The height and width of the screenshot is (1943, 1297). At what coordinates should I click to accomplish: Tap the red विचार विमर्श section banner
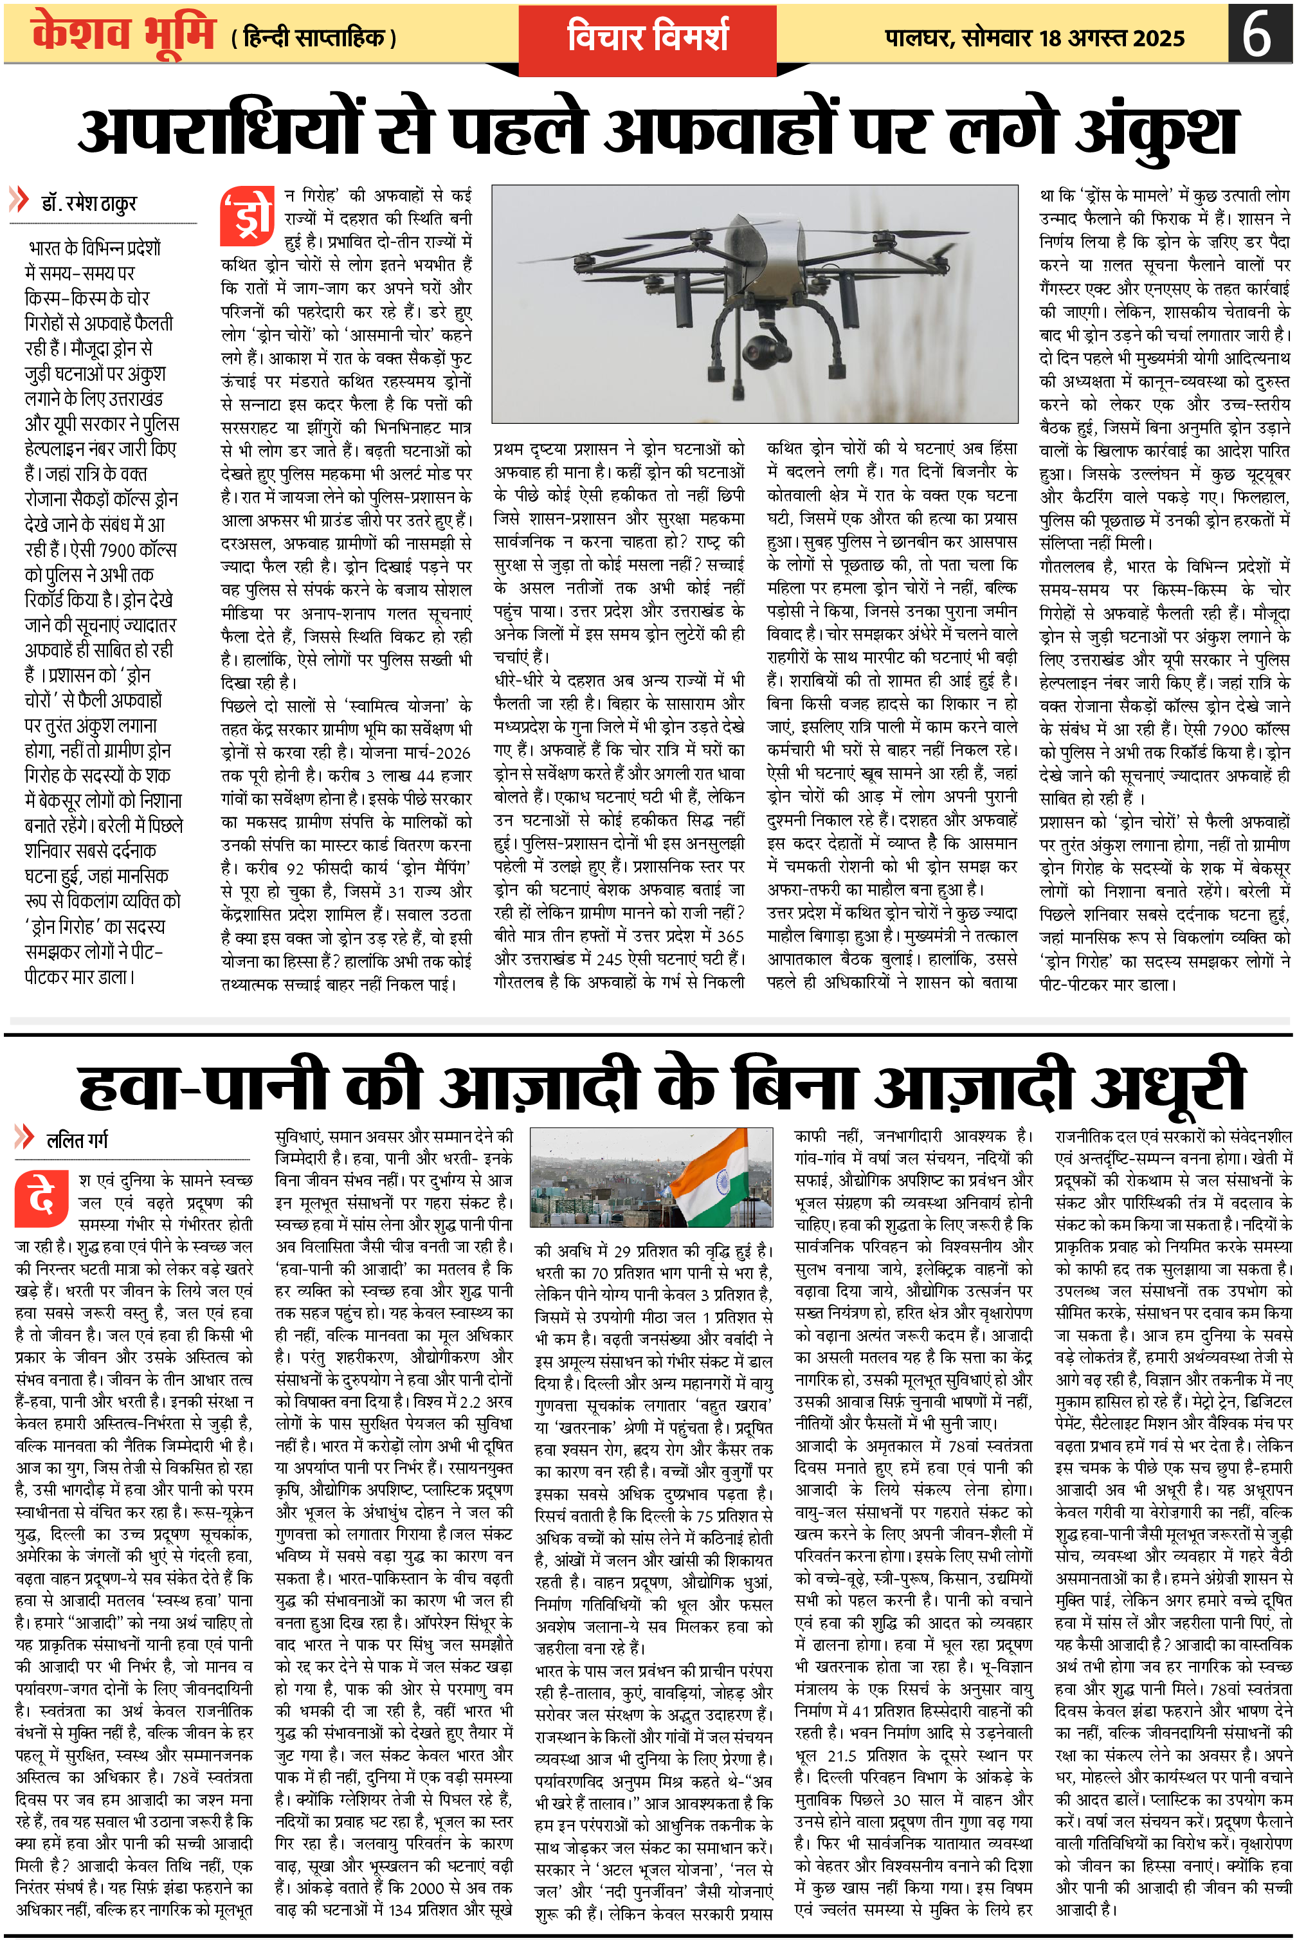tap(647, 37)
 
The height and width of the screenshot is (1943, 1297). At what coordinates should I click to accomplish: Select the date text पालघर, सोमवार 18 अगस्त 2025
tap(1034, 38)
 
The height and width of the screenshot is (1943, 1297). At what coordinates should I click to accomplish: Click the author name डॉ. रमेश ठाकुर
tap(89, 203)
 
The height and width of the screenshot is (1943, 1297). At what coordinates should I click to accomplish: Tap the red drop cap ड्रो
tap(246, 217)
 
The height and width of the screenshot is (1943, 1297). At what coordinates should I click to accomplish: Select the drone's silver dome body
tap(774, 248)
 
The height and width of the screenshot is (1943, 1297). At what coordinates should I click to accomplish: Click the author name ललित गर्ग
tap(77, 1140)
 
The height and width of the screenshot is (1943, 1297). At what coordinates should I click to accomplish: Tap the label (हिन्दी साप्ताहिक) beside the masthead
tap(314, 38)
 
